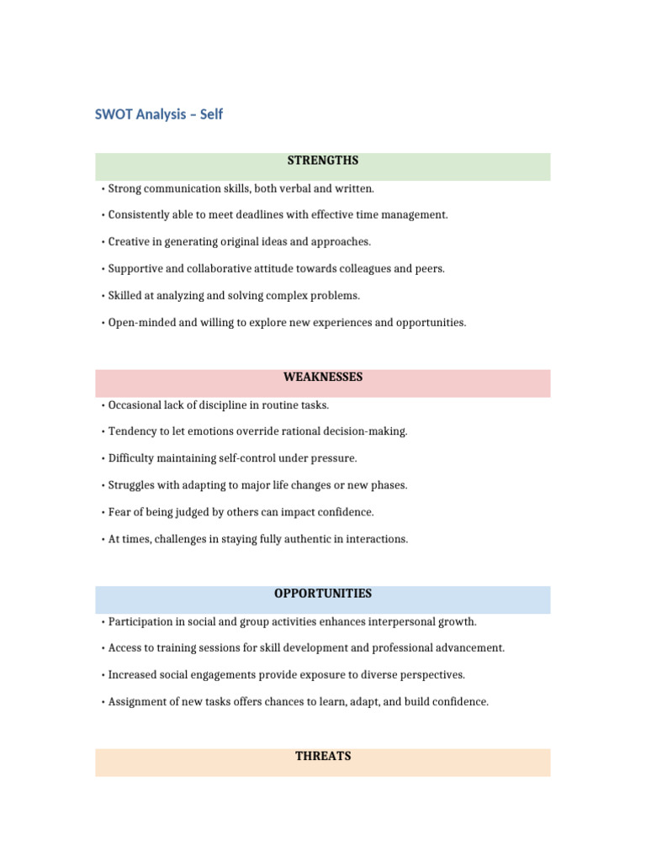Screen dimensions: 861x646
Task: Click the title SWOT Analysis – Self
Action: [159, 114]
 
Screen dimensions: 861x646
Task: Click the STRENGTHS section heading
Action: [323, 161]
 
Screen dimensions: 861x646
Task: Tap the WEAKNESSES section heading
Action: [323, 378]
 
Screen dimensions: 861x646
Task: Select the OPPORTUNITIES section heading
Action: [323, 594]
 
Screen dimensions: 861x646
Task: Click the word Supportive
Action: [136, 269]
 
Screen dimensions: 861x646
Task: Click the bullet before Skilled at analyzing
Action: [102, 296]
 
